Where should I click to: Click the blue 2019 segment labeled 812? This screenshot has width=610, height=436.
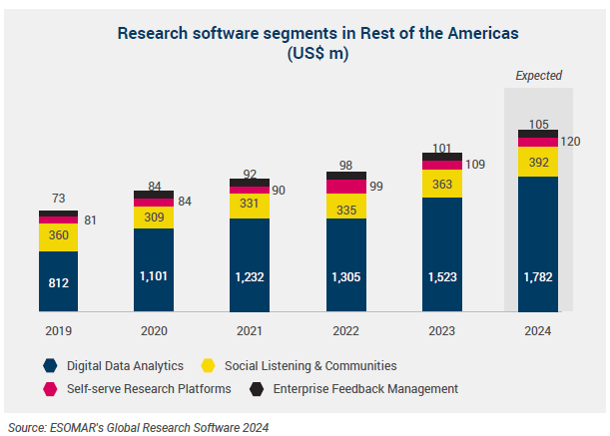coord(59,282)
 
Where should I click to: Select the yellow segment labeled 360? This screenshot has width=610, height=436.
coord(59,236)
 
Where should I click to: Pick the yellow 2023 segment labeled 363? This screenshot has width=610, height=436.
coord(442,185)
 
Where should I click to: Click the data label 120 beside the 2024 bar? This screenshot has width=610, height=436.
coord(570,142)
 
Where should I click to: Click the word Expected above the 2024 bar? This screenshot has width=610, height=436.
coord(538,75)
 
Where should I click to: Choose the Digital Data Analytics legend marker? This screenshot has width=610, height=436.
coord(49,366)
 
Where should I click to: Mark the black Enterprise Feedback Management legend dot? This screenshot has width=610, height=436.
coord(257,388)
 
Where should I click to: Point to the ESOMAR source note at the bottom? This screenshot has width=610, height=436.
coord(138,426)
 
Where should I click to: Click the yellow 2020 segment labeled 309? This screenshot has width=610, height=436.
coord(155,217)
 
